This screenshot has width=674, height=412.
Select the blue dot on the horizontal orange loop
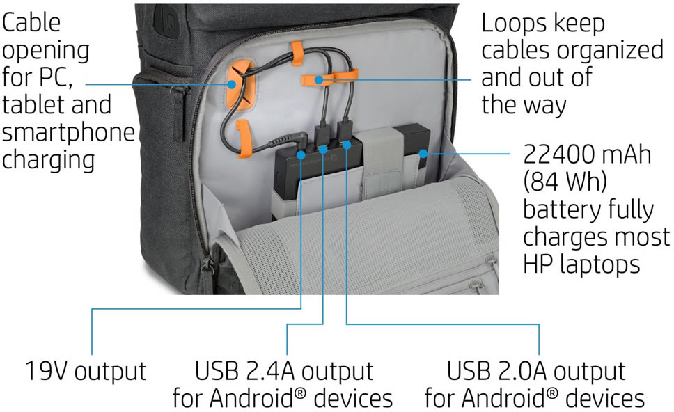coord(318,79)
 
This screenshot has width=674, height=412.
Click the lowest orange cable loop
coord(243,138)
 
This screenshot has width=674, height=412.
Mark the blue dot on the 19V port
coord(301,152)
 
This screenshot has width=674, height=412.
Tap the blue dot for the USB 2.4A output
coord(324,148)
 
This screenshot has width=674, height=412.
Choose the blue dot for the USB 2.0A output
coord(346,145)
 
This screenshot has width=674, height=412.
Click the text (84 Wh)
coord(565,182)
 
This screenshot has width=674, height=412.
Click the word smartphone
coord(68,132)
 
